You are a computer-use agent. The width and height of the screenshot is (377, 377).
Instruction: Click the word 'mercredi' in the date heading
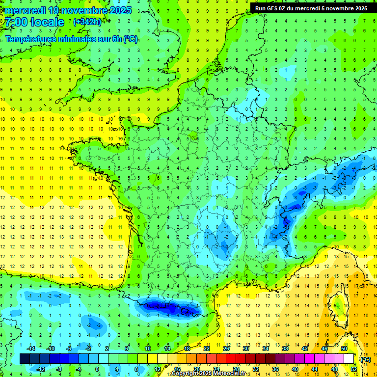click(27, 10)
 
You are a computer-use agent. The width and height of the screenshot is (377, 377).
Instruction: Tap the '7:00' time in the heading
click(16, 22)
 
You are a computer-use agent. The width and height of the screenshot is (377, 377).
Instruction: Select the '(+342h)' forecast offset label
click(87, 22)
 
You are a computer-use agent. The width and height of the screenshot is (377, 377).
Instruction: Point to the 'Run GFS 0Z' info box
click(311, 8)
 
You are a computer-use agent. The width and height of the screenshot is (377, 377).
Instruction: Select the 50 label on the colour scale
click(344, 349)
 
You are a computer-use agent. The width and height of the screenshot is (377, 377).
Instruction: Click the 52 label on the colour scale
click(354, 369)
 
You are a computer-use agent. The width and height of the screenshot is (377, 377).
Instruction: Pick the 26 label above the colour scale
click(226, 349)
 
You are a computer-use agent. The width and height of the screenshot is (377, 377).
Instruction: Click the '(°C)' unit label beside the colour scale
click(365, 359)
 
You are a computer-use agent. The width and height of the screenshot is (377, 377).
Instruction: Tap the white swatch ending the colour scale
click(349, 359)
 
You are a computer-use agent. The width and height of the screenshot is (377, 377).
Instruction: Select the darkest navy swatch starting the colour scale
click(25, 359)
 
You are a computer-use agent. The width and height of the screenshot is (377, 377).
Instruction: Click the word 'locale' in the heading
click(47, 22)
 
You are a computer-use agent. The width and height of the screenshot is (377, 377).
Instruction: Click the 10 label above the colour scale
click(147, 349)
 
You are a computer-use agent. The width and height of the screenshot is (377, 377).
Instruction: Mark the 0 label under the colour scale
click(98, 369)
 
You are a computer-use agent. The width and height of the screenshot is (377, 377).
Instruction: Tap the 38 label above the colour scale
click(285, 349)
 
